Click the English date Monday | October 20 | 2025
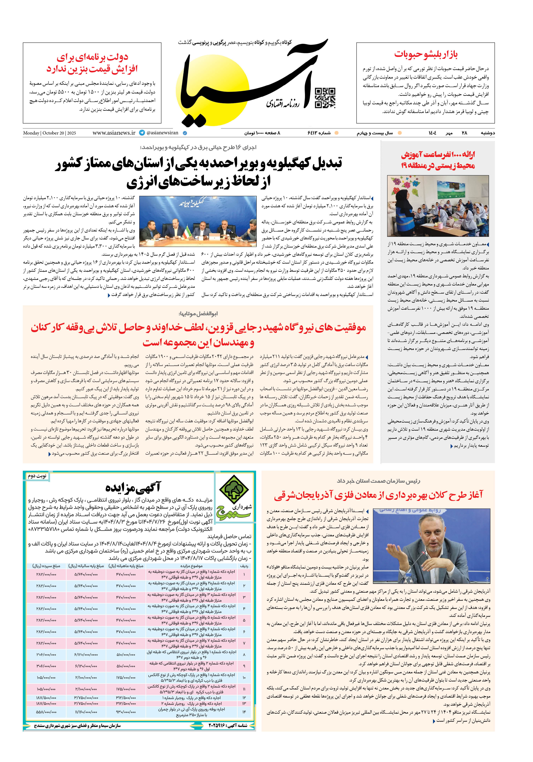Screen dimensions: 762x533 (50, 133)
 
